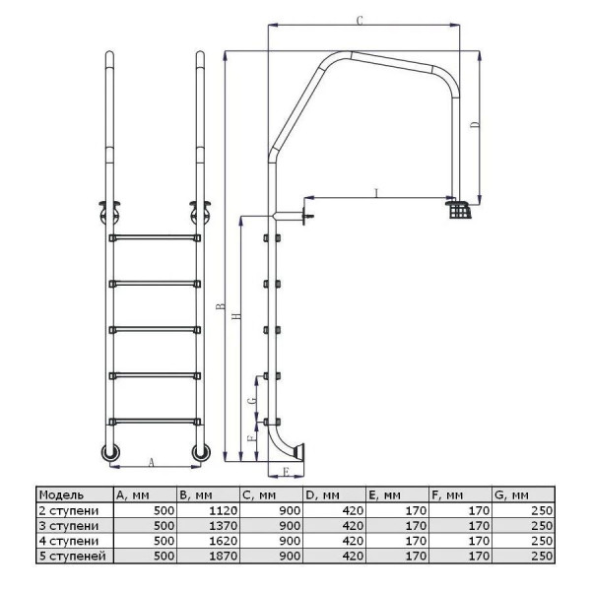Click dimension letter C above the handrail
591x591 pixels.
tap(360, 21)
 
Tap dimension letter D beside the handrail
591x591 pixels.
tap(476, 125)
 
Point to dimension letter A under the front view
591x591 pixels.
tap(152, 462)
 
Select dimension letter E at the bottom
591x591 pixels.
tap(286, 472)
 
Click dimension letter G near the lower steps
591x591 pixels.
tap(252, 400)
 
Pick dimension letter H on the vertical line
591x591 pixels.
tap(236, 316)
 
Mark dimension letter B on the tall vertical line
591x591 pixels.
tap(220, 305)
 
